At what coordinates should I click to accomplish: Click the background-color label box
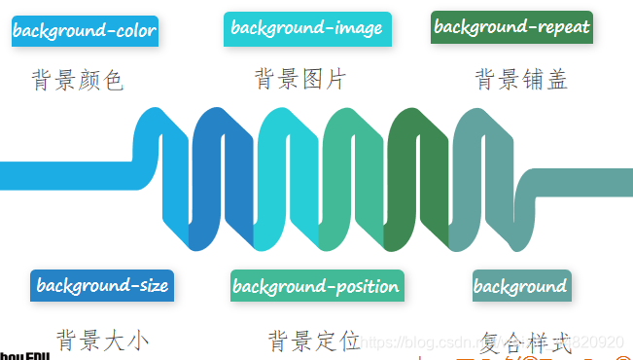(x=84, y=31)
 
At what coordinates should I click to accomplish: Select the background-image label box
(x=306, y=29)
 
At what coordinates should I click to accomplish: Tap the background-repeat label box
(x=511, y=27)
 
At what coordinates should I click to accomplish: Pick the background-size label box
(x=102, y=286)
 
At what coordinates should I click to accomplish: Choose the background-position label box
(x=317, y=286)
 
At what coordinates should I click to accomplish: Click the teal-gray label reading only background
(x=521, y=286)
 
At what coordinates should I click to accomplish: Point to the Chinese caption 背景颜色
(x=78, y=80)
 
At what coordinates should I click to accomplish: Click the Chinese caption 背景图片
(x=300, y=79)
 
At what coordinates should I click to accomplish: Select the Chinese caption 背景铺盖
(x=521, y=79)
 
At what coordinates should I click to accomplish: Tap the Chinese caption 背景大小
(x=102, y=341)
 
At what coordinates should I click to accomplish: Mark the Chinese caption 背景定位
(x=314, y=341)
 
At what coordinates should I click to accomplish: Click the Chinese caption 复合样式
(x=525, y=342)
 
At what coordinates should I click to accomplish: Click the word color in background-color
(x=134, y=31)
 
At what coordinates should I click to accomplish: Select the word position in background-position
(x=367, y=287)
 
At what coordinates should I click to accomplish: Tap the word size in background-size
(x=152, y=286)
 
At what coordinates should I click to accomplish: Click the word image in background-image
(x=358, y=29)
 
